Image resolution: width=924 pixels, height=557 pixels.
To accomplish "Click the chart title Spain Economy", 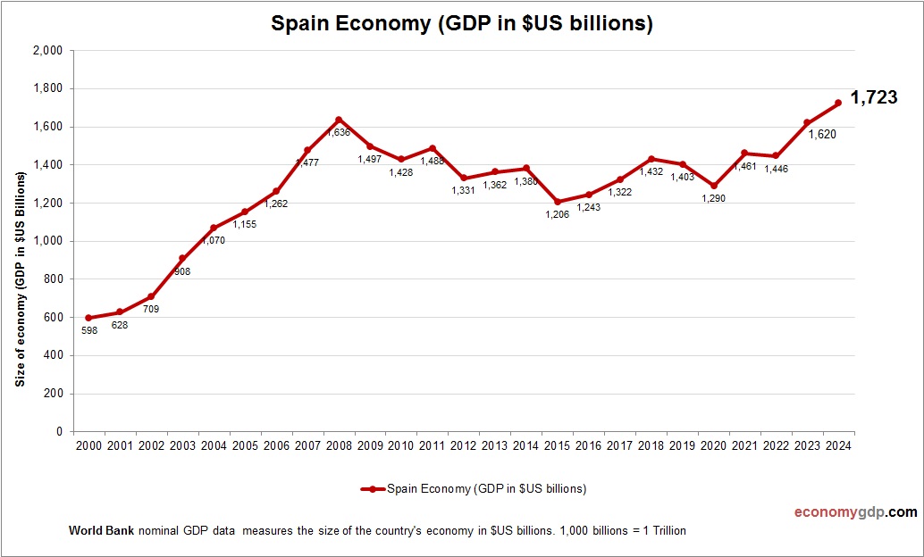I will [x=462, y=24].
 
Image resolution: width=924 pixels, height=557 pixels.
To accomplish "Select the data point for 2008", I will [x=339, y=120].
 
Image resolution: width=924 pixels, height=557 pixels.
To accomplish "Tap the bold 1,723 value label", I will [x=873, y=98].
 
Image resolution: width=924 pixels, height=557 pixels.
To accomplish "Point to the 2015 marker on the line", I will [x=557, y=202].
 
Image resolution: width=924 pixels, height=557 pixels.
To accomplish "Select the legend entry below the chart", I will [x=474, y=488].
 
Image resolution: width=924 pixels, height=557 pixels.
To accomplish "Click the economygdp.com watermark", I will [x=855, y=512].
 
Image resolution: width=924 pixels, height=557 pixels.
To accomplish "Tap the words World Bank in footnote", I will [x=101, y=530].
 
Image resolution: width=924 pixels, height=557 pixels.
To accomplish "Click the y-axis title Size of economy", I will [x=20, y=278].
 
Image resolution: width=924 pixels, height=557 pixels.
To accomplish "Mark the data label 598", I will [x=88, y=331].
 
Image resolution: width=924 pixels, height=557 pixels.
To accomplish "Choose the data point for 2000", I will [x=88, y=318].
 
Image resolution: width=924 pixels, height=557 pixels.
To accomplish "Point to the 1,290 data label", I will [x=713, y=198].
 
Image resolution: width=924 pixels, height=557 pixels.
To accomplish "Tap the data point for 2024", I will [x=838, y=104].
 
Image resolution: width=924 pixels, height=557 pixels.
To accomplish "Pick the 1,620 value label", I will [x=822, y=135].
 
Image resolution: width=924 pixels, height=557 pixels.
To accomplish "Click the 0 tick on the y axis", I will [x=58, y=432].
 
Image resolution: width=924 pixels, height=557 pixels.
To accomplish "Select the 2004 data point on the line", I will [x=214, y=228].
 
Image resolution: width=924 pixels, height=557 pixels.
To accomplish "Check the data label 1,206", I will [x=557, y=215].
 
